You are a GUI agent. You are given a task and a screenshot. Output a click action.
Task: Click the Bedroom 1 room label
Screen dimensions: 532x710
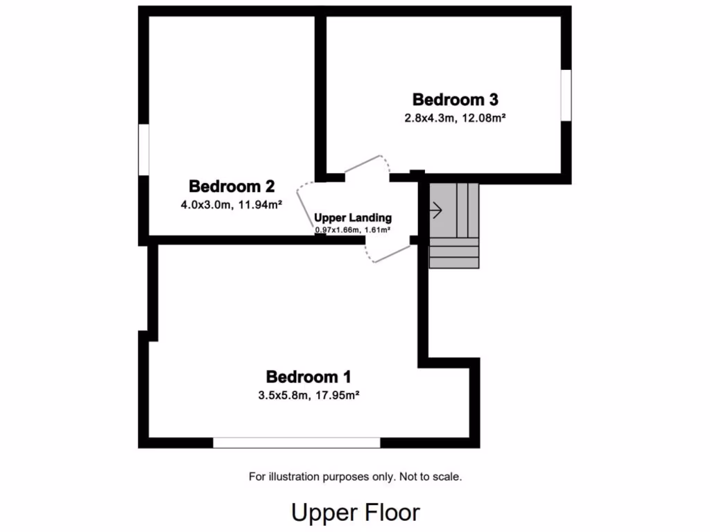click(309, 377)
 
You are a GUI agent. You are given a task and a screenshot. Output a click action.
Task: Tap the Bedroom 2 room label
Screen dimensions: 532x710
click(232, 186)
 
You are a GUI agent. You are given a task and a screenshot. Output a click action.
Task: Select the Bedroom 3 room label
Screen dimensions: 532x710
click(455, 100)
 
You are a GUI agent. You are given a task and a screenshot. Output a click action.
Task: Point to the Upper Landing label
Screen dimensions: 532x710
click(353, 218)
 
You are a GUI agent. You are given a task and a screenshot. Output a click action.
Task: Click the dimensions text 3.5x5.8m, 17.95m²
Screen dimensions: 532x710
click(309, 396)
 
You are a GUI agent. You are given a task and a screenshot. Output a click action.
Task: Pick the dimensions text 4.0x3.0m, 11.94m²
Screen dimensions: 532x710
click(232, 204)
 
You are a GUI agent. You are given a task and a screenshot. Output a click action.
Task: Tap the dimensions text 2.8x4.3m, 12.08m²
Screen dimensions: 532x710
click(455, 118)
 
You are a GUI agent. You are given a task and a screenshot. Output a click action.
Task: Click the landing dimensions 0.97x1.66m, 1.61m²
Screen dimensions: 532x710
click(353, 229)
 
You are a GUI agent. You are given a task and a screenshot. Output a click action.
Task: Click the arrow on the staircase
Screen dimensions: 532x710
click(437, 209)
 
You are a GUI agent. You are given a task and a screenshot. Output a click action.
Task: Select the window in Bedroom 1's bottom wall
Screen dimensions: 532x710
click(297, 443)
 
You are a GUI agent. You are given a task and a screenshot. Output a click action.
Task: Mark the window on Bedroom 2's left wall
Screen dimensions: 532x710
click(144, 150)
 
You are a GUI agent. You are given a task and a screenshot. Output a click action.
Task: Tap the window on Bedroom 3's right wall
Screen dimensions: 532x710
click(566, 95)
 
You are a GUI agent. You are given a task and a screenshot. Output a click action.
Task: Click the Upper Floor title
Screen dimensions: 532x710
click(355, 513)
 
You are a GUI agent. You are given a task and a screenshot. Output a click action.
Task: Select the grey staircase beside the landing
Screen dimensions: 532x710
click(454, 225)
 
